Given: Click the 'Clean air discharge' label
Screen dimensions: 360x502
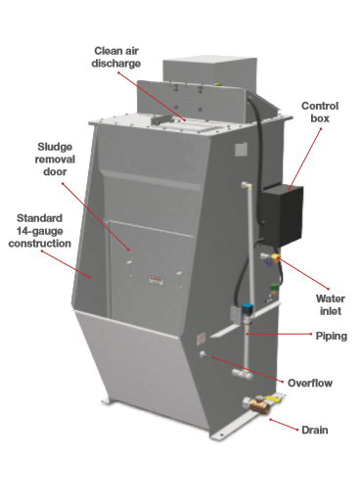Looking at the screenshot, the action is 116,57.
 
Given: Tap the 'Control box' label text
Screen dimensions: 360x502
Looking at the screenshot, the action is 320,112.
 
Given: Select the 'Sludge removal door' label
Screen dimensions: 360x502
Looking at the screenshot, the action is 55,160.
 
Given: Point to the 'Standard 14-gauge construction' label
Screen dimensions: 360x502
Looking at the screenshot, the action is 39,231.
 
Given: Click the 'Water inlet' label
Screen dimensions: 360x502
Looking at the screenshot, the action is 331,304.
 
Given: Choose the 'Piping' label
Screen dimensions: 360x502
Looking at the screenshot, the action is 332,336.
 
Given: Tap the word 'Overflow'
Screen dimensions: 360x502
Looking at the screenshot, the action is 310,383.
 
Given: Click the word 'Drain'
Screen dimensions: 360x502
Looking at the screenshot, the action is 315,430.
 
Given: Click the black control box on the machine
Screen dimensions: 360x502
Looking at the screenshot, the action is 283,215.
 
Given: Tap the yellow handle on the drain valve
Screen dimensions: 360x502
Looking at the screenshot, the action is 273,398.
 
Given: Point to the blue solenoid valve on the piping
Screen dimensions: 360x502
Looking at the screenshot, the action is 247,309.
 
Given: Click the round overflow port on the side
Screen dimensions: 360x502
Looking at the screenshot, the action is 203,354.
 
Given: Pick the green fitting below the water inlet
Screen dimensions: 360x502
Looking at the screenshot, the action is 274,288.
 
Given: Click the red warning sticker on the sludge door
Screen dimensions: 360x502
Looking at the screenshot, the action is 156,279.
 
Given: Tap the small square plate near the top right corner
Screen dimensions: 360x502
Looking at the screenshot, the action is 241,150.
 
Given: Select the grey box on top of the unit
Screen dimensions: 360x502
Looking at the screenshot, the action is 209,73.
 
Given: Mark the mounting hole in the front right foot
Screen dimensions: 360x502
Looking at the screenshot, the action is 222,434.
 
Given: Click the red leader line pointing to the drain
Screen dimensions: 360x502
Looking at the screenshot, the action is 284,425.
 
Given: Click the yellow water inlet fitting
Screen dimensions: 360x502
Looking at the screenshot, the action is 276,258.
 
